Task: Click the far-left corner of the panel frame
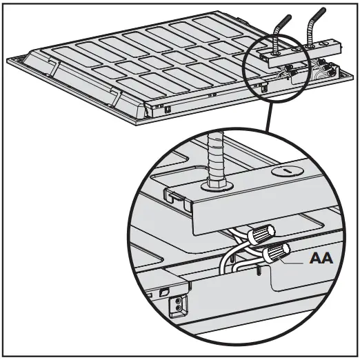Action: [9, 63]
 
